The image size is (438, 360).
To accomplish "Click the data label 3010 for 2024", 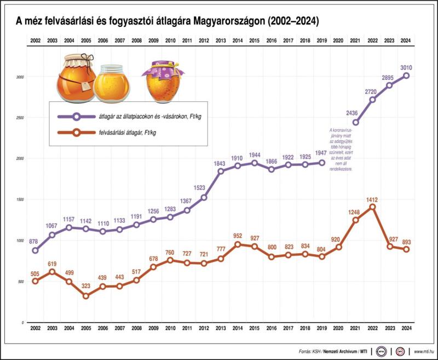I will pyautogui.click(x=406, y=68).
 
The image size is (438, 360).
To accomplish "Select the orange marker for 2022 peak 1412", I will pyautogui.click(x=372, y=207).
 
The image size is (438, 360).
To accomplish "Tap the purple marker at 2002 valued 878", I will pyautogui.click(x=36, y=250).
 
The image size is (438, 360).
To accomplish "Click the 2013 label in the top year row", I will pyautogui.click(x=221, y=41).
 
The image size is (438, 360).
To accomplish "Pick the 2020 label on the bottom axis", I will pyautogui.click(x=338, y=328).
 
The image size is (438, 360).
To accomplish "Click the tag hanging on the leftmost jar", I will pyautogui.click(x=85, y=87).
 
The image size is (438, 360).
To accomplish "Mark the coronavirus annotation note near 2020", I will pyautogui.click(x=339, y=150).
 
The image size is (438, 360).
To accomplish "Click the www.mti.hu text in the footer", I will pyautogui.click(x=424, y=351).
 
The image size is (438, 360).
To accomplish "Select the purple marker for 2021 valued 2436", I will pyautogui.click(x=355, y=122).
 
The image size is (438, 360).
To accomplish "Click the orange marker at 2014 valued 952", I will pyautogui.click(x=238, y=244).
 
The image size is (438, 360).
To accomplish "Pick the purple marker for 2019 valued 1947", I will pyautogui.click(x=322, y=163).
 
